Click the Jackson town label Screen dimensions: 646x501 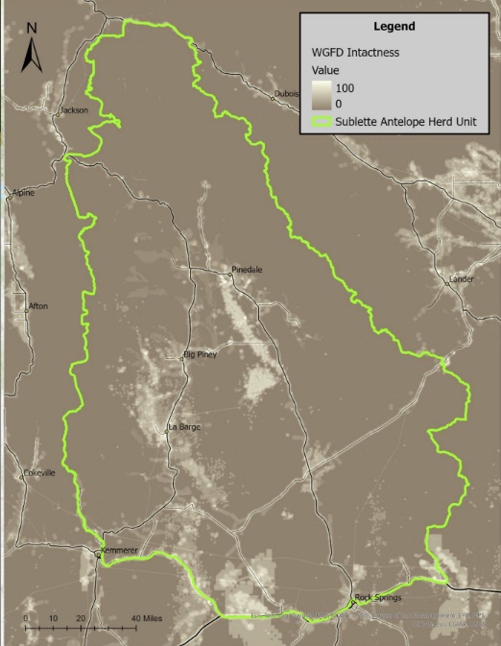(74, 110)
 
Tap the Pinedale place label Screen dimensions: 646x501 (248, 270)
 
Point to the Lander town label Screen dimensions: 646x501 (461, 280)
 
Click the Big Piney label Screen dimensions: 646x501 (200, 355)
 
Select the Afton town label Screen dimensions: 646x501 (38, 306)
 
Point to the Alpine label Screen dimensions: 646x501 (22, 193)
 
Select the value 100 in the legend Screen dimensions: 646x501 (346, 86)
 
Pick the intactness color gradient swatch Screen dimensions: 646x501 (321, 94)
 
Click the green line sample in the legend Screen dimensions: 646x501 (322, 122)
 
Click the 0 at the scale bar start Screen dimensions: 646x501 (26, 617)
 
